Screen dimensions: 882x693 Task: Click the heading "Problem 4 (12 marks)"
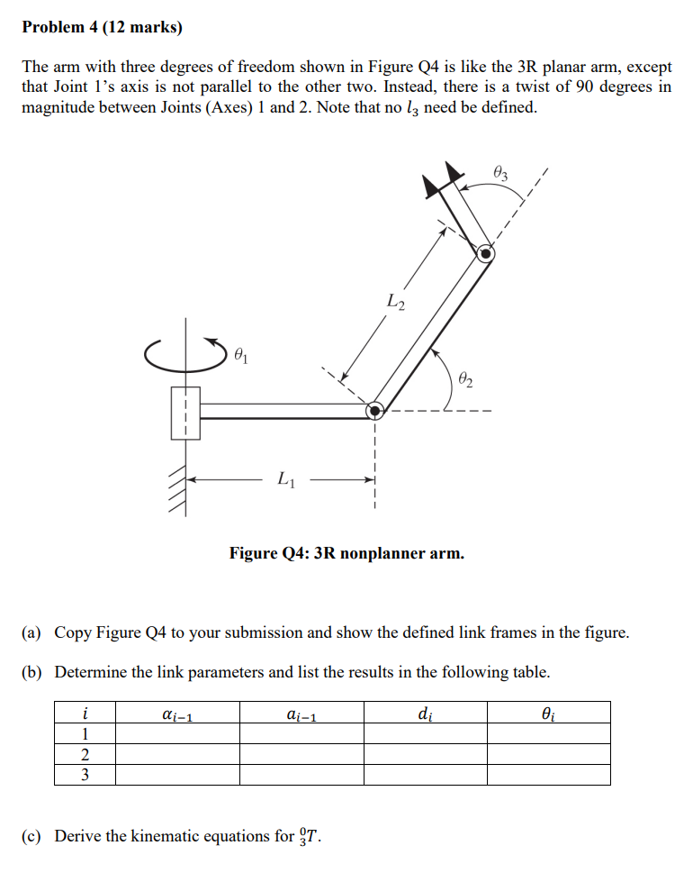102,27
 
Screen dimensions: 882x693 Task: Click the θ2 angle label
465,378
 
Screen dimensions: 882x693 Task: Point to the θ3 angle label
501,172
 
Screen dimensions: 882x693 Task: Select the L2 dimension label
395,302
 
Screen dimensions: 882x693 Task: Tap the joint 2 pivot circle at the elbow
374,411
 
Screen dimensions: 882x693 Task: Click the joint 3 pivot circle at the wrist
485,253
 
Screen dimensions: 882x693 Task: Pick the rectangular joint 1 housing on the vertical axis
185,413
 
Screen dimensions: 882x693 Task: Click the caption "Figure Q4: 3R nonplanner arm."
346,552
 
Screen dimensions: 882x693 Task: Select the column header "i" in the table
85,713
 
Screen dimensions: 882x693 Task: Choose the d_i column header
425,714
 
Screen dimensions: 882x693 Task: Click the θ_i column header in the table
549,714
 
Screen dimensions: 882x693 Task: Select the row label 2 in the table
85,754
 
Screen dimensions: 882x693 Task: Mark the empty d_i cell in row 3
425,775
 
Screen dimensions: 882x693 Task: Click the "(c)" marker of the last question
31,836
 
